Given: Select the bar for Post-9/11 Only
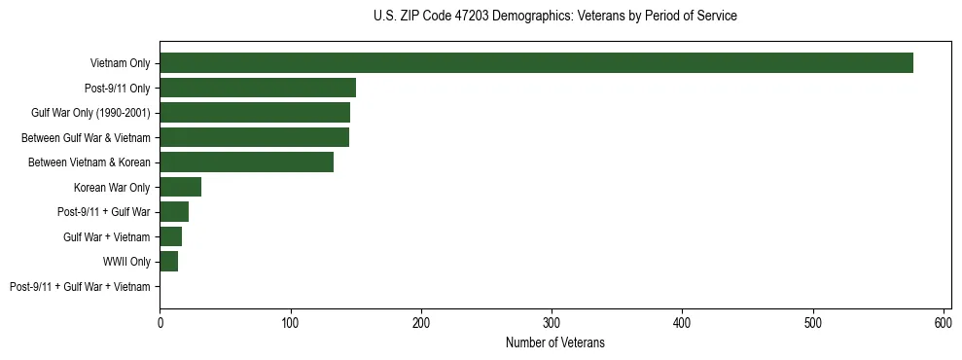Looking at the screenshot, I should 258,88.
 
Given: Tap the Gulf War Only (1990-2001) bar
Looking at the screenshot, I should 255,113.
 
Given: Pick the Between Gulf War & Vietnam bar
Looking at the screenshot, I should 254,137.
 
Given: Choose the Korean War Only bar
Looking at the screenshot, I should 180,187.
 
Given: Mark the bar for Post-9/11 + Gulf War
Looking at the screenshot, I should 174,212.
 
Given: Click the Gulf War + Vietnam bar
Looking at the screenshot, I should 170,236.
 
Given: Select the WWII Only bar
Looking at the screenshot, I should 168,262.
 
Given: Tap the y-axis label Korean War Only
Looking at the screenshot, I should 112,188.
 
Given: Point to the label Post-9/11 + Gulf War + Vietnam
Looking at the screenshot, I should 80,287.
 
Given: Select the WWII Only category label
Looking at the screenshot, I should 126,262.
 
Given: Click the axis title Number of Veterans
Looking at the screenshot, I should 554,342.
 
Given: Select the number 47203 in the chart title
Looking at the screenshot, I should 469,17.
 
